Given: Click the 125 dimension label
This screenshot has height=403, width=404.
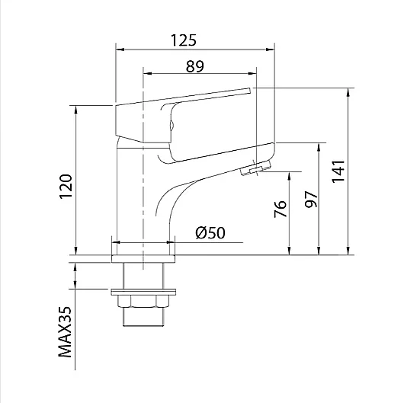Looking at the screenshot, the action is click(184, 40).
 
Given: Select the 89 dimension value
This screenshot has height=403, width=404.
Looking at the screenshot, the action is click(195, 66).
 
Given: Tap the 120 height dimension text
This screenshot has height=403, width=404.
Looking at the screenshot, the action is click(66, 187).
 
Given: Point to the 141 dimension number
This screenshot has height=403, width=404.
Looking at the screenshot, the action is click(338, 171).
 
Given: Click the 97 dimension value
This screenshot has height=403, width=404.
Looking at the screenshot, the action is click(311, 199).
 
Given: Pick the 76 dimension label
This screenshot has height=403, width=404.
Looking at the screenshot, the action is click(280, 209).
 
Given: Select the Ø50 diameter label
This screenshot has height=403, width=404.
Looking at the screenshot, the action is click(210, 232).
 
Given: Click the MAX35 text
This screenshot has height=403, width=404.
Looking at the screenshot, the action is click(65, 331).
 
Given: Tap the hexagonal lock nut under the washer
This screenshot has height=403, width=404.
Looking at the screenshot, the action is click(143, 301).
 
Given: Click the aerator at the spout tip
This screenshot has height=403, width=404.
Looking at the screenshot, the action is click(256, 168).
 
